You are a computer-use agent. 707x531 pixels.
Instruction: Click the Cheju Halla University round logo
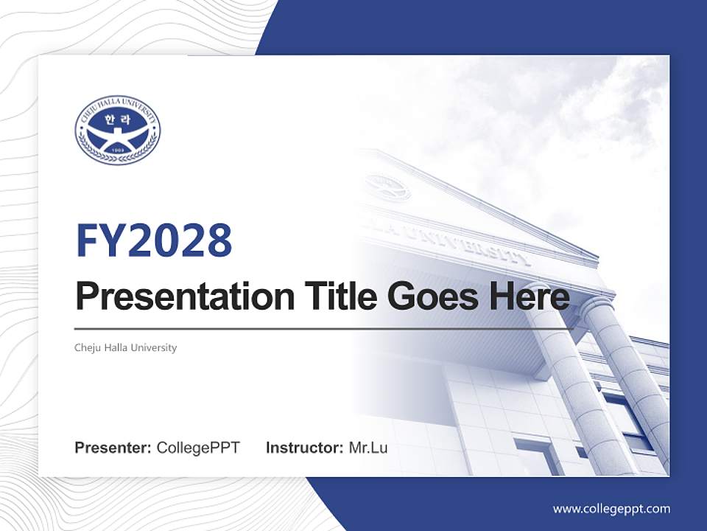(117, 131)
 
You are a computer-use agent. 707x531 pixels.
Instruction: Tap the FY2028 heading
(154, 240)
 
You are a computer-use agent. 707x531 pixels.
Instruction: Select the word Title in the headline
(334, 296)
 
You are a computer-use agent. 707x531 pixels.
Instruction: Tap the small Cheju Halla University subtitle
(126, 347)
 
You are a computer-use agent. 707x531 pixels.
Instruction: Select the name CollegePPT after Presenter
(198, 448)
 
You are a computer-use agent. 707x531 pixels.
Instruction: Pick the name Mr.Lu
(368, 448)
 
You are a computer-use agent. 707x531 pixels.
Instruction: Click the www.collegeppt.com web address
(611, 508)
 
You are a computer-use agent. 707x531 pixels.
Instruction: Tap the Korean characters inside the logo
(117, 118)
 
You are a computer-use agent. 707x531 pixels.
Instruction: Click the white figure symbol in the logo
(117, 137)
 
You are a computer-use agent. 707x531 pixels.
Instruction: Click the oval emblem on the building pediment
(387, 187)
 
